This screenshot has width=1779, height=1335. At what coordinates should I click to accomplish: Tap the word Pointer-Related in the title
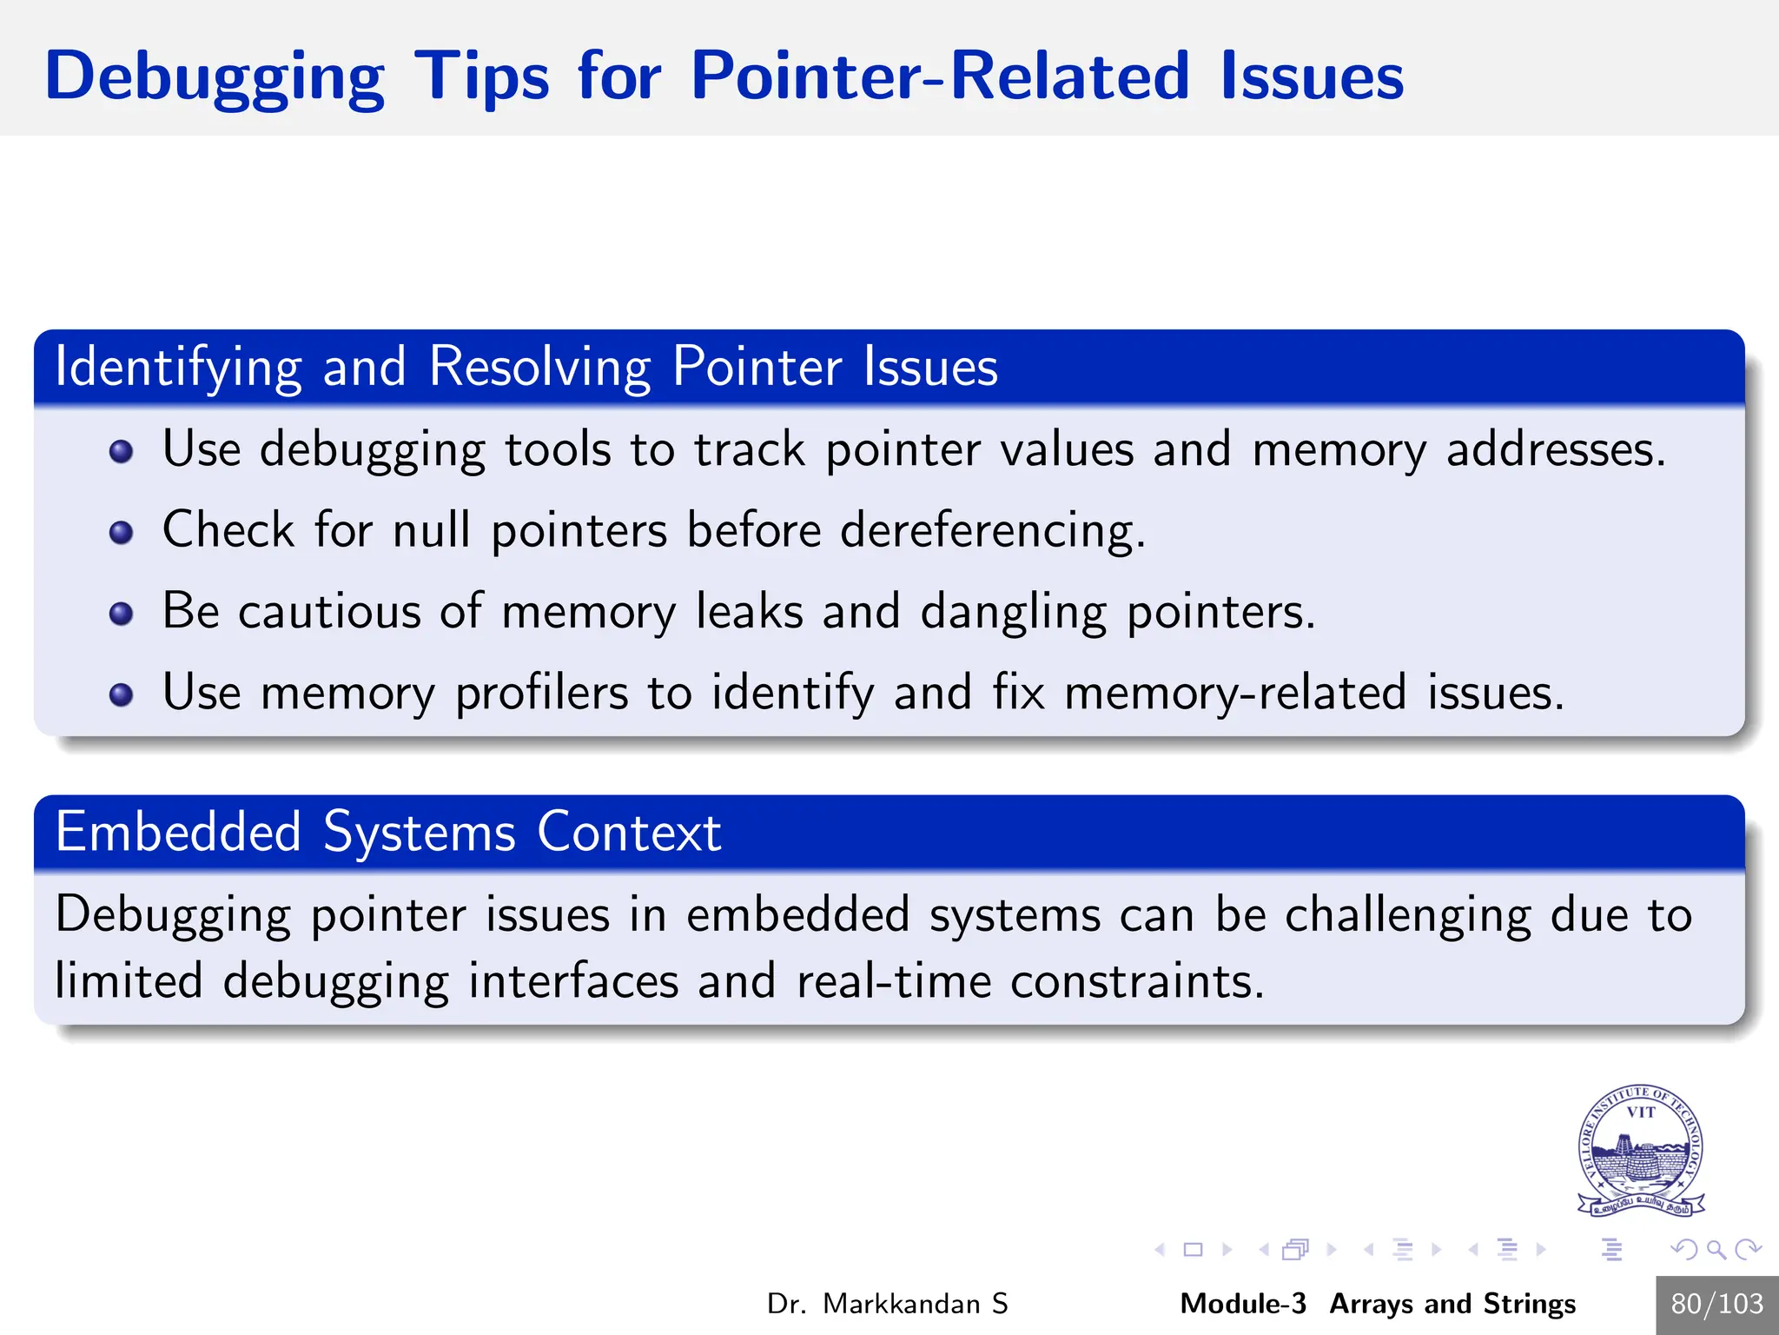938,76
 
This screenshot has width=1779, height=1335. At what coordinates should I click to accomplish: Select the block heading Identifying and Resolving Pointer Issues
526,367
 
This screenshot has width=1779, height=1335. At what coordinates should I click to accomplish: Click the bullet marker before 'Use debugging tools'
122,451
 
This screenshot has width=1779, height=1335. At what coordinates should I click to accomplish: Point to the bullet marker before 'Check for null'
122,532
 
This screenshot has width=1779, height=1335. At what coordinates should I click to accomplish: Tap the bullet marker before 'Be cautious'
122,614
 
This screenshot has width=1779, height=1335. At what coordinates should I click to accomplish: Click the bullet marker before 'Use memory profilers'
122,694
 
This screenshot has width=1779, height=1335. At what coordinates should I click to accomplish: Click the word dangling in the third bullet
1013,612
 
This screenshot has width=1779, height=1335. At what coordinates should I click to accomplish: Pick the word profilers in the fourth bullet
541,693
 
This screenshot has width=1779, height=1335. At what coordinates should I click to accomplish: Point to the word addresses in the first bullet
1554,449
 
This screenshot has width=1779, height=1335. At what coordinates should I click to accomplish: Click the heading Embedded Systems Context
387,833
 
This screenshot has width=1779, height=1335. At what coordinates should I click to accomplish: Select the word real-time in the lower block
893,981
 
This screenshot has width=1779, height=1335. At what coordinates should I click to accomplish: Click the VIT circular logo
1640,1149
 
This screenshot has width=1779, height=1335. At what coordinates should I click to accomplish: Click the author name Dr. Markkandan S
887,1304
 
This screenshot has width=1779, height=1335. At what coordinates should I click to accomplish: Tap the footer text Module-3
1242,1304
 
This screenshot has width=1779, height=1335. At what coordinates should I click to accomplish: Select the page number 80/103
1716,1304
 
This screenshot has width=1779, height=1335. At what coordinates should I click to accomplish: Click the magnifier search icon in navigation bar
1716,1250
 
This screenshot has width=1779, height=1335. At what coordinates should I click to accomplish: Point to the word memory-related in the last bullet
1234,693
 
